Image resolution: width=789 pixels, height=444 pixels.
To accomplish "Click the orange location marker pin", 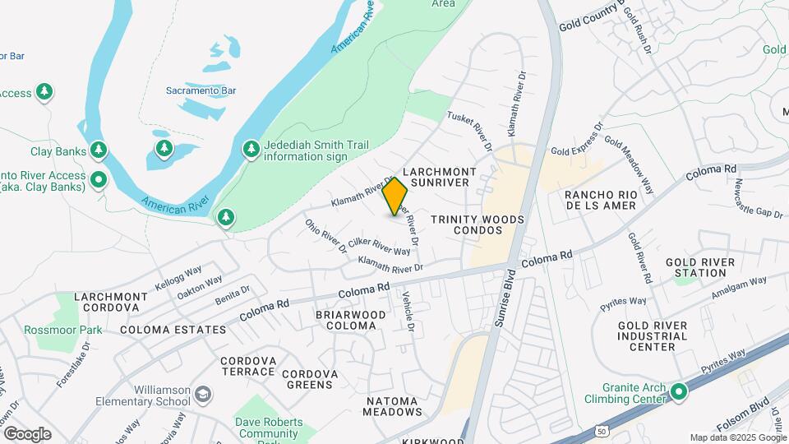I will (395, 197).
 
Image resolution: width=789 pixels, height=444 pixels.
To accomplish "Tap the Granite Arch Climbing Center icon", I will (678, 391).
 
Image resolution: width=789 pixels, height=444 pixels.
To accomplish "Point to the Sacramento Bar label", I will (201, 90).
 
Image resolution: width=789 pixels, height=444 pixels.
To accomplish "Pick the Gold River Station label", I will (700, 267).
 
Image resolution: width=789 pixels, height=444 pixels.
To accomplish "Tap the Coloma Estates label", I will (173, 330).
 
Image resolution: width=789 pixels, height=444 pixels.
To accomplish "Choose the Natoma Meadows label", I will (381, 405).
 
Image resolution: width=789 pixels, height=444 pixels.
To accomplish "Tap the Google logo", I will (27, 434).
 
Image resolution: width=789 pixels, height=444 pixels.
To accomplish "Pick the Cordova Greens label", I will (310, 379).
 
